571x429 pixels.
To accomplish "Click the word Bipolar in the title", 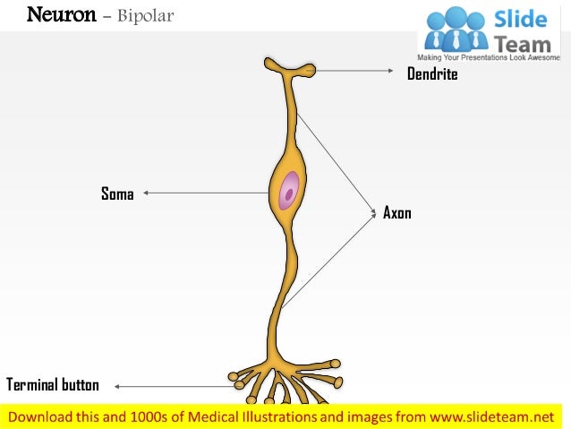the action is coord(142,16).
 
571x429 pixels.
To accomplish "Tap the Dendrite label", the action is coord(432,74).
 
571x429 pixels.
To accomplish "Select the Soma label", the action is coord(117,193).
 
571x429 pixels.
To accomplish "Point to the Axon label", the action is coord(396,213).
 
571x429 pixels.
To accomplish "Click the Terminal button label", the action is coord(53,385).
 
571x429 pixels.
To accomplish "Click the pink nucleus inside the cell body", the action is coord(290,192).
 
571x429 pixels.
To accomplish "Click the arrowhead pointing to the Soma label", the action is coord(146,192).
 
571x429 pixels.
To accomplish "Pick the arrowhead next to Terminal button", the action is coord(117,387).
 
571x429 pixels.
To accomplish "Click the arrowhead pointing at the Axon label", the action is coord(374,212).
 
